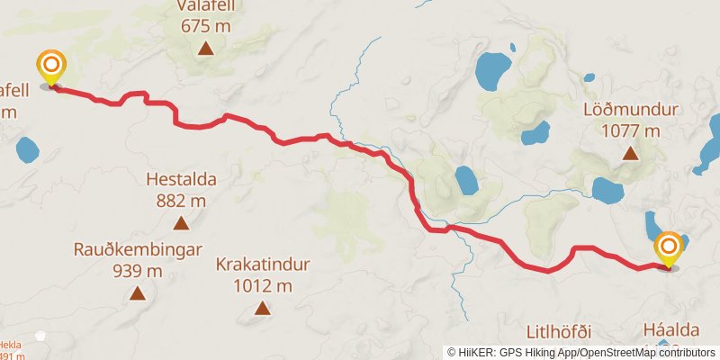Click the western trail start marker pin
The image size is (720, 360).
click(51, 67)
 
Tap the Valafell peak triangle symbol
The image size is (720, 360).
click(206, 49)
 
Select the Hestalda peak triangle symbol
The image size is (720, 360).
click(181, 223)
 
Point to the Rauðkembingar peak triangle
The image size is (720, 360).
click(138, 292)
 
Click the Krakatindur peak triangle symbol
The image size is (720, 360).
click(262, 309)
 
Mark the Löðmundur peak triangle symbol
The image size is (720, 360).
click(632, 153)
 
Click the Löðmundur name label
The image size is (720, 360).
click(630, 110)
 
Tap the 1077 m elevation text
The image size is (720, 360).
click(630, 130)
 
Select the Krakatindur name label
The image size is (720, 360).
click(263, 265)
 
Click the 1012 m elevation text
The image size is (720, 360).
click(263, 285)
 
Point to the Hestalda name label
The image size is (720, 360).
click(182, 179)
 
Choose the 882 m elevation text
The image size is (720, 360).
click(182, 200)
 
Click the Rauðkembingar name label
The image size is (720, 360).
click(138, 249)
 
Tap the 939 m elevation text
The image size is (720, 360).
click(138, 270)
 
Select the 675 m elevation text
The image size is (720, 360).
click(206, 25)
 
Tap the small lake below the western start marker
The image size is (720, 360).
click(25, 148)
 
